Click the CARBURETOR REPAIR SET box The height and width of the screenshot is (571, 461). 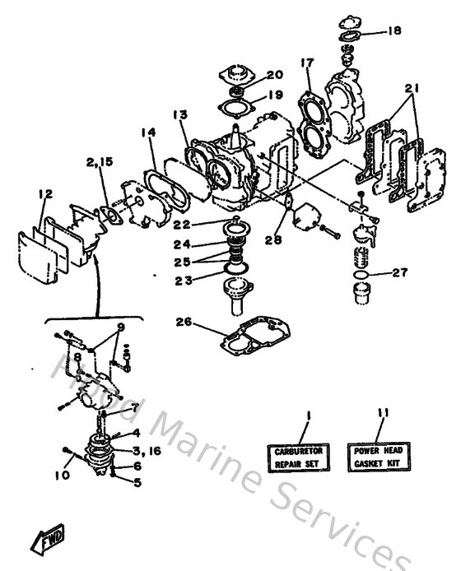coord(296,457)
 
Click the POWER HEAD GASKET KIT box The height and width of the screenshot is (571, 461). coord(378,456)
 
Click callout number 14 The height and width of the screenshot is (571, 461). coord(147,132)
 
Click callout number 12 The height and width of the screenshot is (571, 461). coord(44,194)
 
